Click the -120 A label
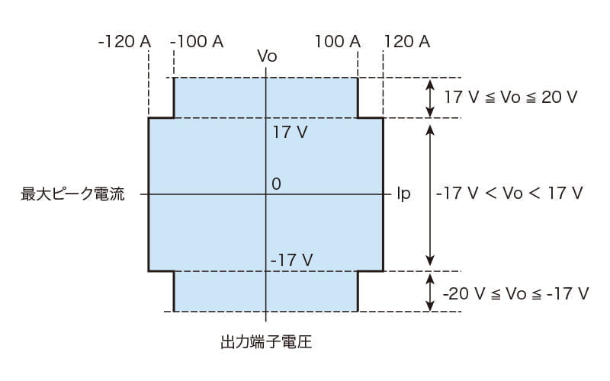(x=124, y=41)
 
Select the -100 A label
(x=197, y=41)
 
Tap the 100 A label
(x=337, y=41)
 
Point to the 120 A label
(x=407, y=41)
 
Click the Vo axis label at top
(x=266, y=56)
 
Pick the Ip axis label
(x=403, y=194)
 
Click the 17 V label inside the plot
(x=290, y=133)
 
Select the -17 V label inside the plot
(x=291, y=260)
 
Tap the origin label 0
(x=276, y=184)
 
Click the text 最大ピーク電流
(x=72, y=194)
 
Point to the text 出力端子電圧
(x=265, y=342)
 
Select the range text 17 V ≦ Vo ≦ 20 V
(x=511, y=98)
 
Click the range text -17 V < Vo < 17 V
(x=509, y=194)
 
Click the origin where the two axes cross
(x=265, y=194)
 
